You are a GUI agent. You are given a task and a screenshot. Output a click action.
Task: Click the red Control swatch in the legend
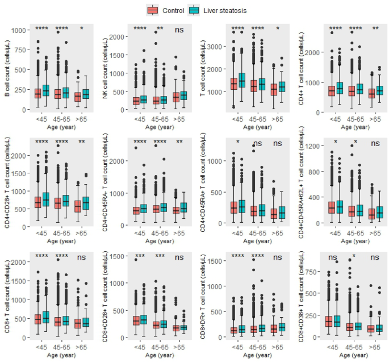coord(152,10)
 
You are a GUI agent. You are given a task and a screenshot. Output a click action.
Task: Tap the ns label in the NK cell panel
coord(179,29)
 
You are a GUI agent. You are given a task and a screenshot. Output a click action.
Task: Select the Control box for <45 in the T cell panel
coord(233,84)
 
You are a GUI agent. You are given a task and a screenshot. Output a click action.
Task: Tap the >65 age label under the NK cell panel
coord(179,120)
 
